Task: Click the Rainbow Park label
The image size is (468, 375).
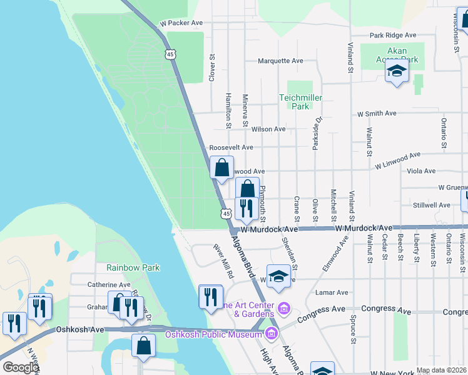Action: [x=133, y=267]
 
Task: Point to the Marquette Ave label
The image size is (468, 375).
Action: [x=281, y=61]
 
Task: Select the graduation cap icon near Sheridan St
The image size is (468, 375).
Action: [x=278, y=276]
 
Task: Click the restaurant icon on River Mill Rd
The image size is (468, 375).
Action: [x=211, y=295]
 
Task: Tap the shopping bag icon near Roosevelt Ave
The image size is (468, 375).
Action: [x=221, y=167]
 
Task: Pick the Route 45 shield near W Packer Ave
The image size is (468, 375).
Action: [x=171, y=54]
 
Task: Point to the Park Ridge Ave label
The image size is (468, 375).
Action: [x=393, y=36]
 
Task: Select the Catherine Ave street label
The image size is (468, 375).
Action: [x=108, y=284]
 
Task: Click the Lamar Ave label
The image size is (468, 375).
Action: [x=332, y=292]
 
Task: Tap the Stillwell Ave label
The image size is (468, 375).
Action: [x=431, y=204]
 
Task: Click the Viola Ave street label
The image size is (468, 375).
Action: [x=421, y=171]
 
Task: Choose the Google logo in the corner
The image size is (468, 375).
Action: [x=21, y=367]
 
